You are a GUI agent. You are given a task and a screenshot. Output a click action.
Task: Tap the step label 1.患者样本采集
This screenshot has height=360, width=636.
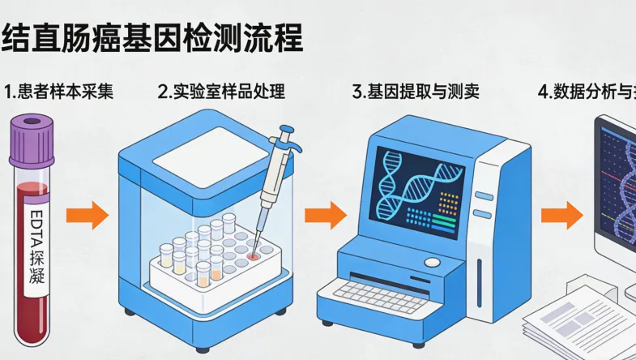coord(58,91)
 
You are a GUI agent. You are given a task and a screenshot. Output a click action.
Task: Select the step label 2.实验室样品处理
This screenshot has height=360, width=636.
coord(221,91)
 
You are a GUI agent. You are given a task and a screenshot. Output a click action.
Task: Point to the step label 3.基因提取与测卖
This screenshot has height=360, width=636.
coord(416,91)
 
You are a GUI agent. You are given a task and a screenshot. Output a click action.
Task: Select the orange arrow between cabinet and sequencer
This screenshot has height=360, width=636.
coord(325,216)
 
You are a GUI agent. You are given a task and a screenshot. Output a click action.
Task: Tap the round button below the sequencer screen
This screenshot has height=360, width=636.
coord(433,262)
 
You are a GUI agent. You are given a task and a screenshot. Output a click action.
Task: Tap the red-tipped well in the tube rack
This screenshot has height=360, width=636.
coord(254,255)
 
